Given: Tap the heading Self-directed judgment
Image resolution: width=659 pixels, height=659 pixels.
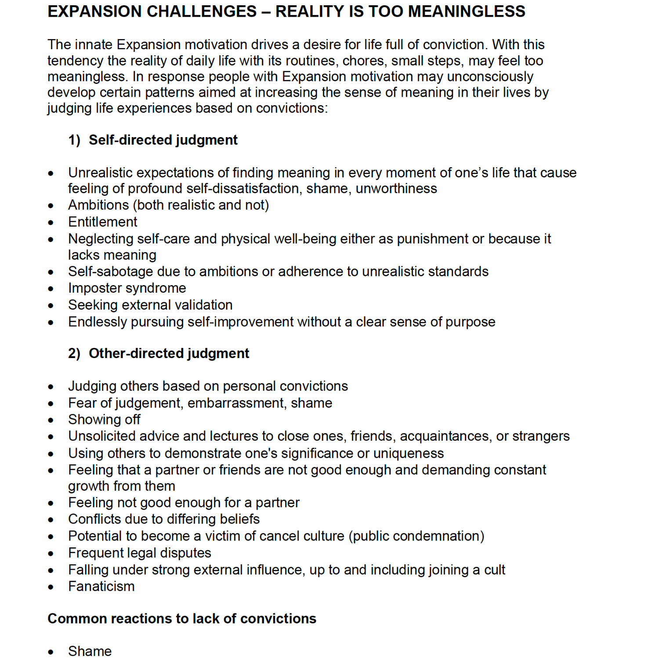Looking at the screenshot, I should [x=163, y=140].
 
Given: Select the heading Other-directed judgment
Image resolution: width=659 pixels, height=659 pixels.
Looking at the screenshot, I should [x=169, y=354].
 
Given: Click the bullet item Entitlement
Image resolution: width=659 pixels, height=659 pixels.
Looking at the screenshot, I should [x=102, y=222].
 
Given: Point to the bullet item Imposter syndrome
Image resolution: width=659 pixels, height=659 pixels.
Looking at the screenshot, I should [x=127, y=288].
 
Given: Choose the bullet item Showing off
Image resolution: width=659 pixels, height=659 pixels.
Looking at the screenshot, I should [x=104, y=420].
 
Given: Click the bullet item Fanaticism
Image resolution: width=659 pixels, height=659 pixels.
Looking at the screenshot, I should [x=101, y=587].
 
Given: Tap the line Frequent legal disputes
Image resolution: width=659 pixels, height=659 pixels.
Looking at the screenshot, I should [x=139, y=553].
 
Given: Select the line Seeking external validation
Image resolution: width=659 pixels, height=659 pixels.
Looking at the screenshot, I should [x=150, y=305].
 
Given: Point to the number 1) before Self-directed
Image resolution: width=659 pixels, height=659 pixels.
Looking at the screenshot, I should [x=74, y=140].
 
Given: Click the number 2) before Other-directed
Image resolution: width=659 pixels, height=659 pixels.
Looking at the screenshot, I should [x=74, y=354].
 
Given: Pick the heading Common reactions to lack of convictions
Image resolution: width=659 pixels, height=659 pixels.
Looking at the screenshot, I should [x=182, y=619].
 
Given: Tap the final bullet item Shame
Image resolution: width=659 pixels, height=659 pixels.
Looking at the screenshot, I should [x=90, y=651].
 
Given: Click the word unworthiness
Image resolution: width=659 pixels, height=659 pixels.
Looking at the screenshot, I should [x=396, y=188].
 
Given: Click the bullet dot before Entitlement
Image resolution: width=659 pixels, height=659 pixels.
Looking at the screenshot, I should [x=51, y=223].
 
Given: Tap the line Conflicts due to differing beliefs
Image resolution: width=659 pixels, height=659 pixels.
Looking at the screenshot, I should [x=163, y=519].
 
